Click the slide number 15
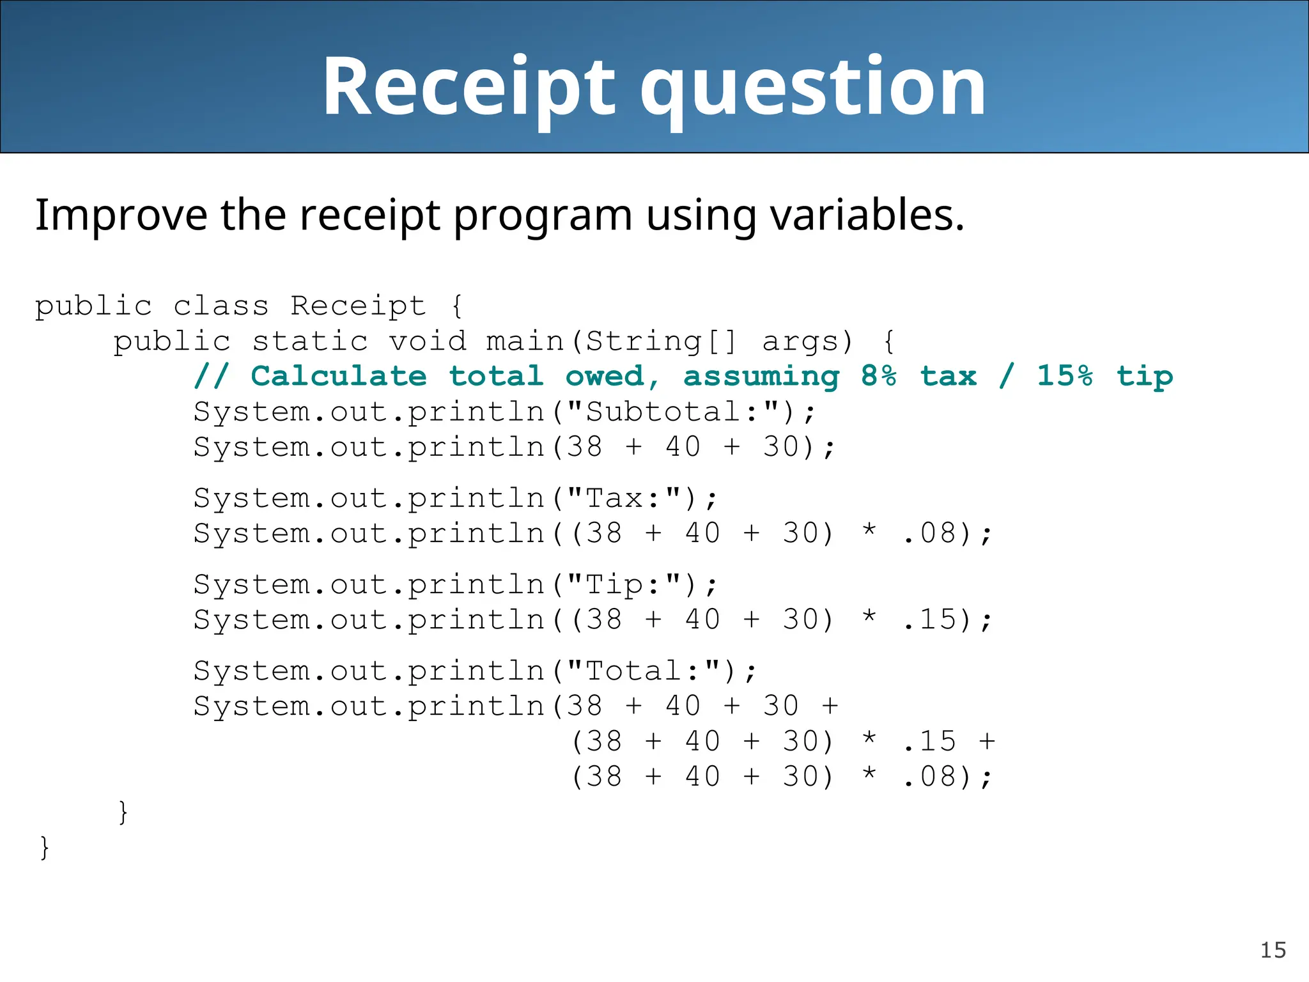point(1273,950)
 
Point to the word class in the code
point(221,306)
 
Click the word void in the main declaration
point(428,341)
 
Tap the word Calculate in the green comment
point(339,376)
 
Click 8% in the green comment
point(879,376)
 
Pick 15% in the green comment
point(1065,376)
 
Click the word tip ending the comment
point(1145,377)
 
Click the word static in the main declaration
point(310,341)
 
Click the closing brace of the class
point(44,848)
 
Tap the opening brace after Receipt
point(456,306)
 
